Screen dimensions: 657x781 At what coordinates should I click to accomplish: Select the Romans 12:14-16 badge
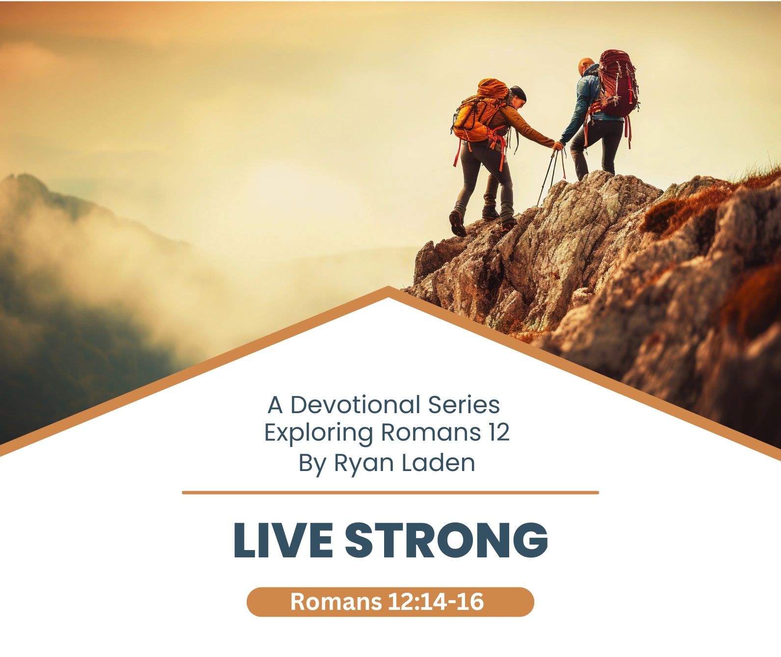(x=390, y=602)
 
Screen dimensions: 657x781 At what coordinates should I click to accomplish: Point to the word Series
(x=464, y=405)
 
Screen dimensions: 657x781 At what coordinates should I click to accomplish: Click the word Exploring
(x=318, y=433)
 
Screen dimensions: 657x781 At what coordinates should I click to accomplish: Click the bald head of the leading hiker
(x=586, y=65)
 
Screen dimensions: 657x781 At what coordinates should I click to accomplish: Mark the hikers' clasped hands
(x=558, y=145)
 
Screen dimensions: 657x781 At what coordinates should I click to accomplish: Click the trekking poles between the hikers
(x=550, y=174)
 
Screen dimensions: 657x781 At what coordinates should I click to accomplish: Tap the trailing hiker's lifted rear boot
(x=458, y=223)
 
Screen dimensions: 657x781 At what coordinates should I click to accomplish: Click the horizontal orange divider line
(x=390, y=492)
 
